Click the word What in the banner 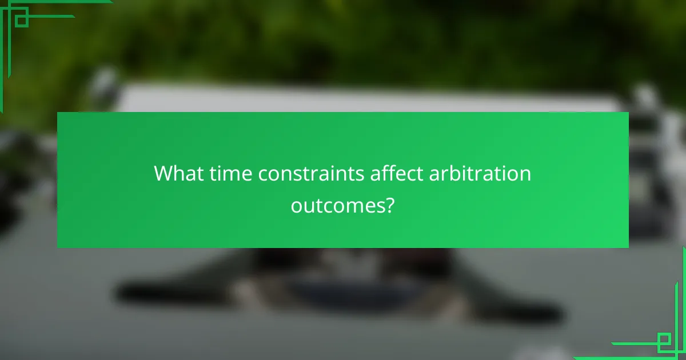[175, 174]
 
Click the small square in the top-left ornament [21, 20]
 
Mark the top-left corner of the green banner [58, 113]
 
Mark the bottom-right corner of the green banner [628, 247]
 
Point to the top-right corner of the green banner [628, 113]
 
